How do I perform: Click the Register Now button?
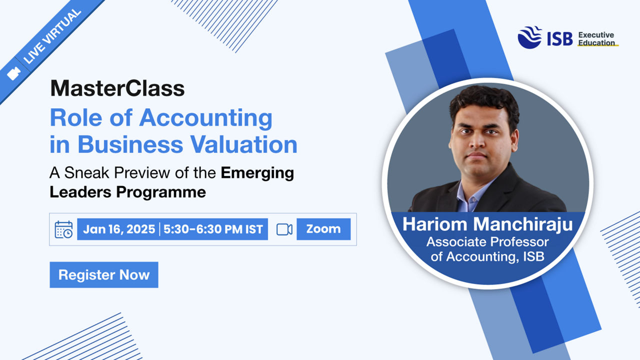[104, 274]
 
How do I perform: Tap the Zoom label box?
[323, 229]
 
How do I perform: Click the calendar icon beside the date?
[63, 229]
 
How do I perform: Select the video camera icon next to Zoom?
[284, 229]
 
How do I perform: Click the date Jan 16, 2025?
[119, 229]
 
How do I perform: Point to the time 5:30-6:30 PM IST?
[213, 229]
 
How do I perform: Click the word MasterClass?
[117, 88]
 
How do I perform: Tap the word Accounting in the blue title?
[205, 118]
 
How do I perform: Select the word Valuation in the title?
[244, 144]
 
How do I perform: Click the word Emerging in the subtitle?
[257, 173]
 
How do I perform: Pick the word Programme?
[161, 191]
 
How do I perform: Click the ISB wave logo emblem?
[529, 37]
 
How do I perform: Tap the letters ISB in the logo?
[560, 39]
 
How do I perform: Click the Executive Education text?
[596, 39]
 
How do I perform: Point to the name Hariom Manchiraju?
[487, 224]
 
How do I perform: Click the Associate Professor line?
[487, 242]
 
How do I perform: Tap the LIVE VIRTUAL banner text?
[52, 36]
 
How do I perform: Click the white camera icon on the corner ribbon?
[13, 73]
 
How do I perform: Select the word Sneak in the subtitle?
[86, 173]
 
